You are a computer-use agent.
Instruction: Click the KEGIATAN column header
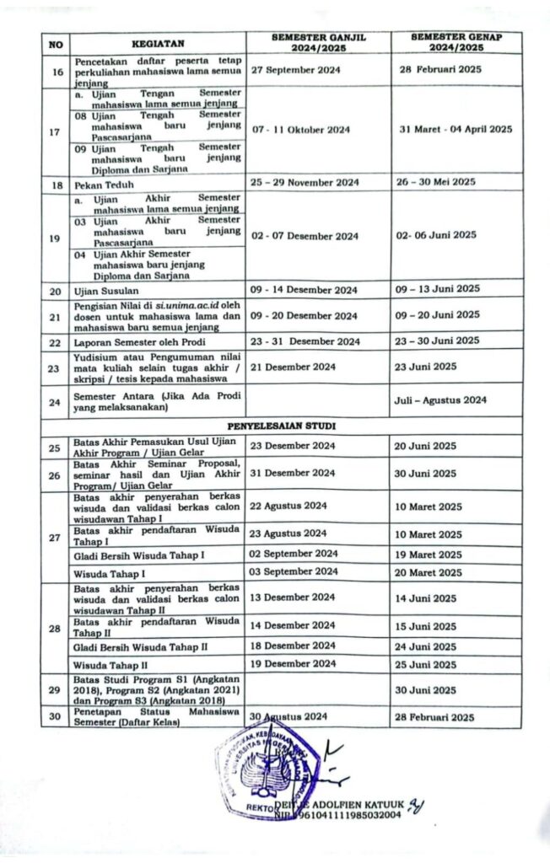pos(158,43)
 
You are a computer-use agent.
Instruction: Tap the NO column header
pos(56,43)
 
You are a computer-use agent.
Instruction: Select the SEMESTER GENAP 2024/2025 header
pos(456,43)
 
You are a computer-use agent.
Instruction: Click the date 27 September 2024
pos(296,70)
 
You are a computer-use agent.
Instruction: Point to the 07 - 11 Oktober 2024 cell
pos(300,130)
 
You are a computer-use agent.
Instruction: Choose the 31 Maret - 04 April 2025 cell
pos(454,129)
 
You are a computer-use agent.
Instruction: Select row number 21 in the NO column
pos(56,316)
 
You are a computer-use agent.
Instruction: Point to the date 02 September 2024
pos(294,554)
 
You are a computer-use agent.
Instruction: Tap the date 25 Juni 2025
pos(426,665)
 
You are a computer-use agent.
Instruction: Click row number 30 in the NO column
pos(56,717)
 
